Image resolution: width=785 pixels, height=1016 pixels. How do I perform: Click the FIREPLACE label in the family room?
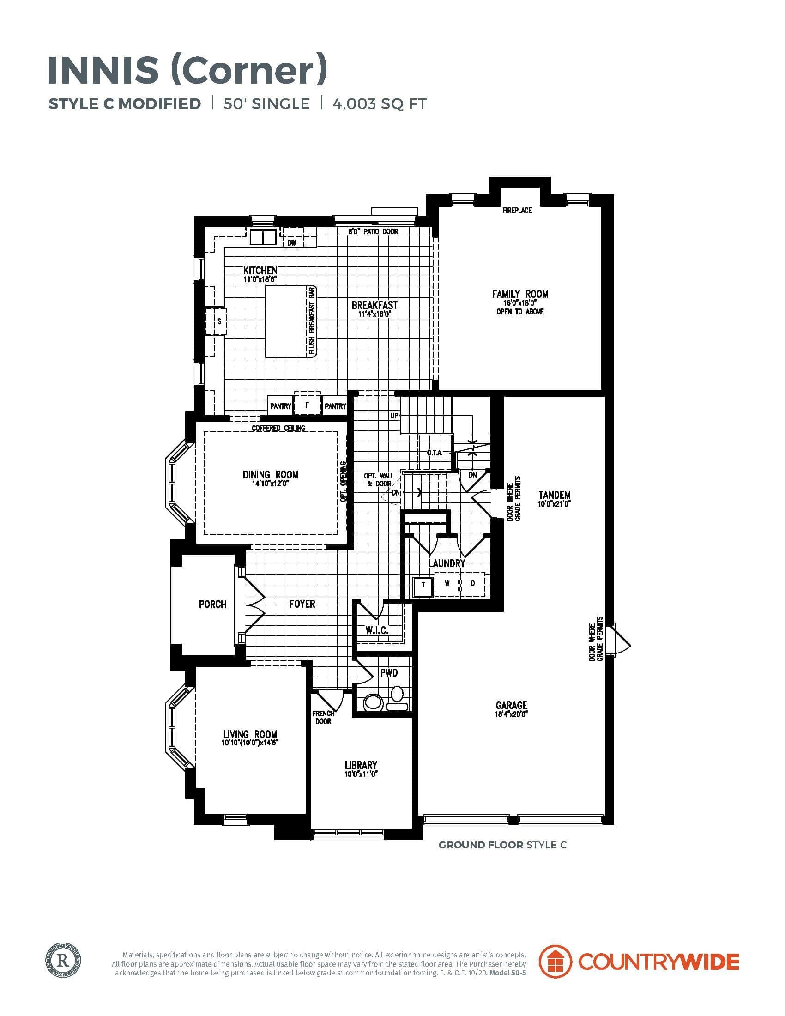click(517, 210)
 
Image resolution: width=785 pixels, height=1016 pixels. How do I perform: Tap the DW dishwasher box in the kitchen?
click(291, 242)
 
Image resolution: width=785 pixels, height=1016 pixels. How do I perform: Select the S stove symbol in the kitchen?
click(219, 321)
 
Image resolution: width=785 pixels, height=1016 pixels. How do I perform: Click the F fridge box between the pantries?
click(307, 405)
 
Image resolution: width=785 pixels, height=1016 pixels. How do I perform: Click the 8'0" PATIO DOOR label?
click(373, 231)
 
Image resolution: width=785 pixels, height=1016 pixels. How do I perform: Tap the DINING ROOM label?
click(270, 474)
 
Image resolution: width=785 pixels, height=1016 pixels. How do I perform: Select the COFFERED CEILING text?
click(278, 428)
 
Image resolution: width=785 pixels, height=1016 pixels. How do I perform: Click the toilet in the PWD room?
click(397, 699)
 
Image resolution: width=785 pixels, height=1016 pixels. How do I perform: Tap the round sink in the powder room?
click(372, 702)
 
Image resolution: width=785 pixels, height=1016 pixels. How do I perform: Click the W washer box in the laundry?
click(447, 583)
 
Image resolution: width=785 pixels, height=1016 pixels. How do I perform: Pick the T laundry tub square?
click(423, 585)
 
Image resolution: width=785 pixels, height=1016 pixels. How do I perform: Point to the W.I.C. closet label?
click(377, 630)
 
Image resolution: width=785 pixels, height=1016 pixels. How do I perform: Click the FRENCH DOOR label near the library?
click(323, 717)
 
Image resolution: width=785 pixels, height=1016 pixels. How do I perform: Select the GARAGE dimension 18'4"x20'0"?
click(512, 714)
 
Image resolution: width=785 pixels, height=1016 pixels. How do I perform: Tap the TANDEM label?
click(554, 495)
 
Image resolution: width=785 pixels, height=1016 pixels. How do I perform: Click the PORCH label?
click(212, 605)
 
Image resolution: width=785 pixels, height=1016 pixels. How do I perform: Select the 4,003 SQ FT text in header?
click(380, 103)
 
